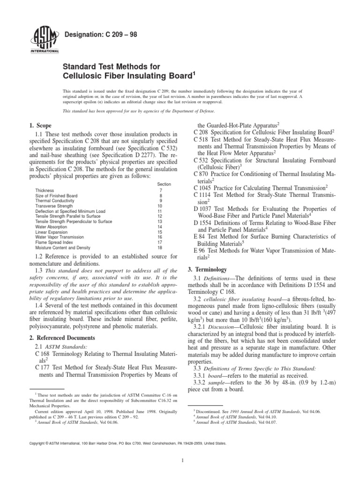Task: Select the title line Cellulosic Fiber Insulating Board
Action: click(129, 75)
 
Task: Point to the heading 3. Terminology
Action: click(207, 270)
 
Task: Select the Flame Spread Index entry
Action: click(52, 242)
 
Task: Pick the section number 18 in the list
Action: click(160, 247)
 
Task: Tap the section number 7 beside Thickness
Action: click(161, 190)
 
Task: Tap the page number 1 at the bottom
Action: click(180, 460)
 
